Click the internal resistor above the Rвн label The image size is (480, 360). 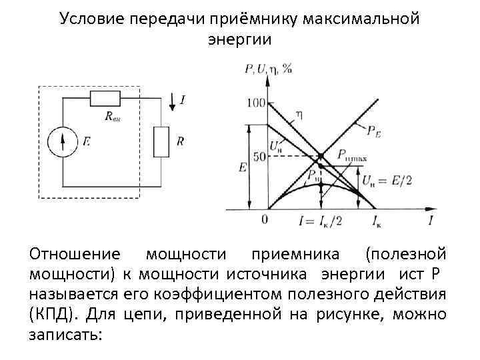pyautogui.click(x=104, y=99)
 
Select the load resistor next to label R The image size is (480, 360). pyautogui.click(x=161, y=141)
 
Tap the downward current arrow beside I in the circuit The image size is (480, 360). pyautogui.click(x=173, y=101)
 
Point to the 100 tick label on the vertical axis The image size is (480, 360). pyautogui.click(x=255, y=103)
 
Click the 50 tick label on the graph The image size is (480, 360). pyautogui.click(x=259, y=156)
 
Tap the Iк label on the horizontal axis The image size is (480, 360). pyautogui.click(x=377, y=221)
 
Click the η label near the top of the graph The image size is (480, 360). pyautogui.click(x=299, y=114)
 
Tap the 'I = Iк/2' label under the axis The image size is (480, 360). pyautogui.click(x=321, y=221)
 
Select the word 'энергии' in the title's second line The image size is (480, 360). pyautogui.click(x=239, y=39)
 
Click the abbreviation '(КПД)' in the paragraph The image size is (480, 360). pyautogui.click(x=49, y=313)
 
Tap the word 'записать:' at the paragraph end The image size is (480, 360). pyautogui.click(x=65, y=333)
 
